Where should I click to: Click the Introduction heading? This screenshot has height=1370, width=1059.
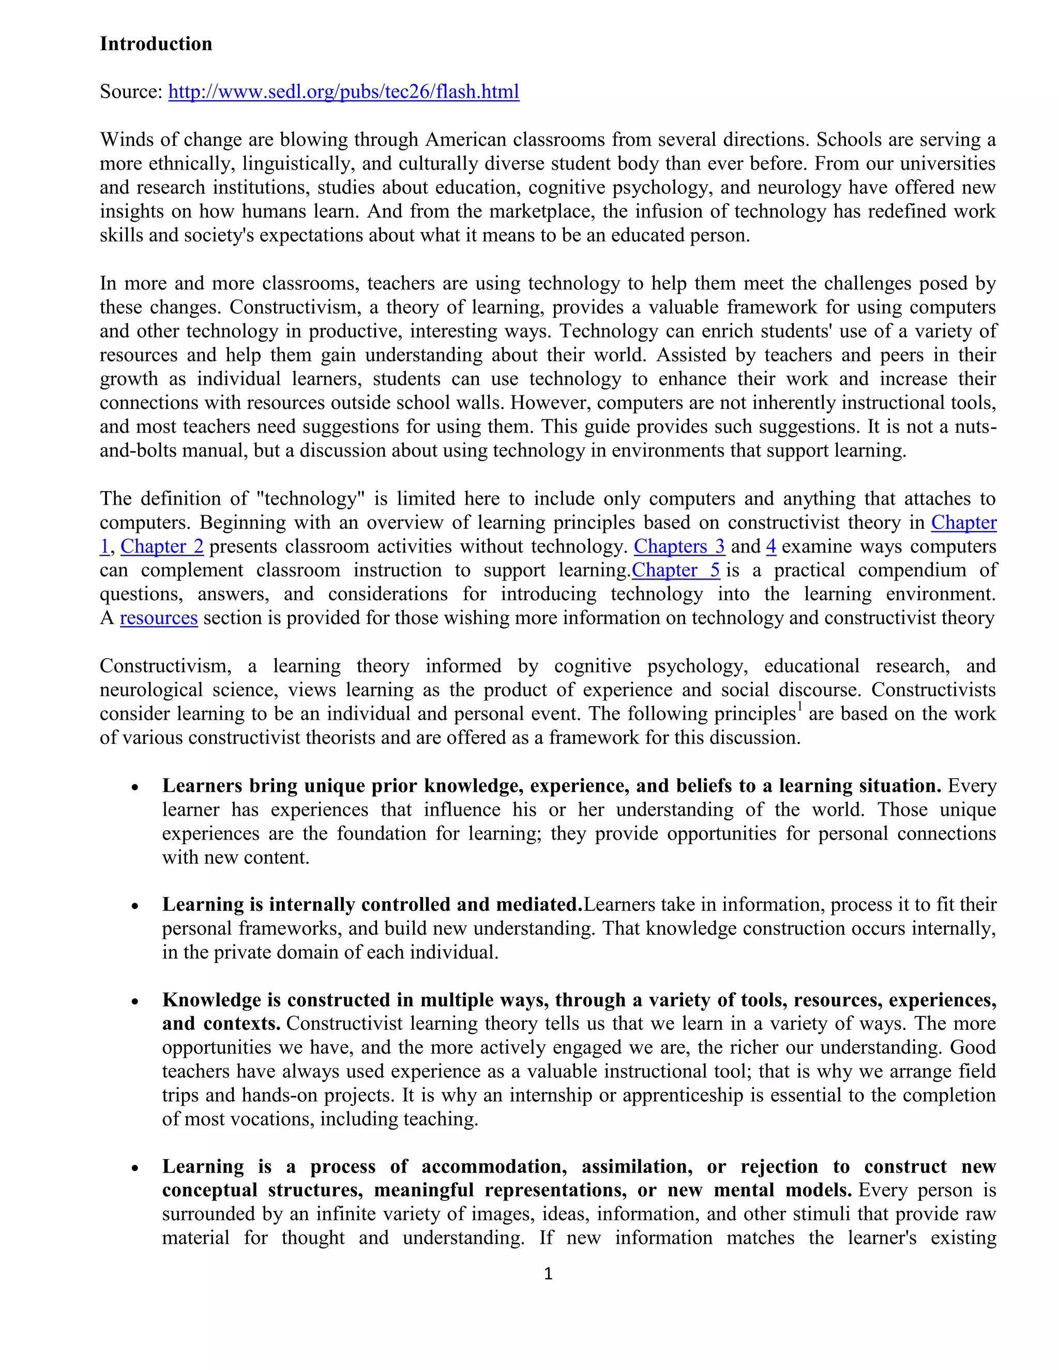[156, 44]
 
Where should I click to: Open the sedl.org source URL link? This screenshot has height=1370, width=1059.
[343, 92]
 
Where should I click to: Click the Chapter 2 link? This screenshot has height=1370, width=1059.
[162, 546]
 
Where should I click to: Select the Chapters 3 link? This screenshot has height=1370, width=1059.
[679, 546]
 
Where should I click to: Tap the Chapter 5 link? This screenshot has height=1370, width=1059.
[676, 570]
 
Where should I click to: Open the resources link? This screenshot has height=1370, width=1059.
[159, 618]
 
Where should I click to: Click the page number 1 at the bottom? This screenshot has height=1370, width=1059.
[548, 1273]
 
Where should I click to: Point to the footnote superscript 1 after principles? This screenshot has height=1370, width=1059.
[800, 708]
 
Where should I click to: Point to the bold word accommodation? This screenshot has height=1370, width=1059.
[494, 1166]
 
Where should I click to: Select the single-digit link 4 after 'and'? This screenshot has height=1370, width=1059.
[771, 546]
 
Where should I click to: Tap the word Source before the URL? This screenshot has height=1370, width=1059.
[130, 92]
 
